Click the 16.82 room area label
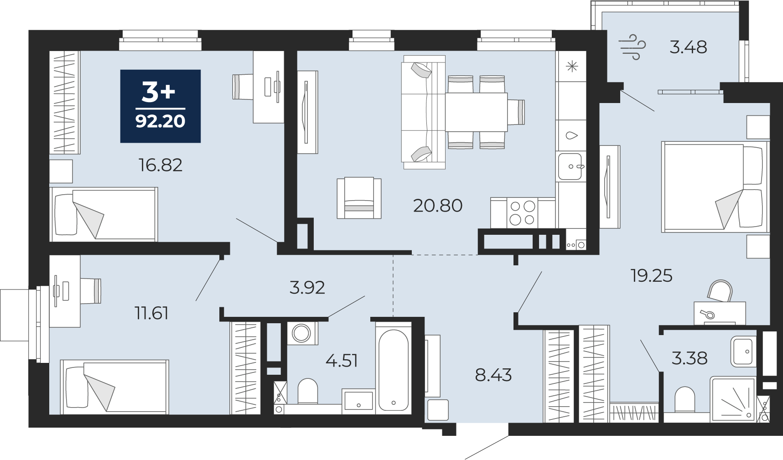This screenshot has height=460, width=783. (x=161, y=165)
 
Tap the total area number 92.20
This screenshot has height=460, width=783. (x=161, y=121)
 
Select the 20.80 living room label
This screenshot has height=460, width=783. (x=438, y=206)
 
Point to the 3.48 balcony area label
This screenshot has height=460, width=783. (x=688, y=47)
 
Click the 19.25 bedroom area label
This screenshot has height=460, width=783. (x=651, y=276)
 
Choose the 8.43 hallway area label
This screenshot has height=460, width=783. (x=493, y=375)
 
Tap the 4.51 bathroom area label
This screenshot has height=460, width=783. (x=342, y=361)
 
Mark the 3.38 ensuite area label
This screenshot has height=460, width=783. (x=690, y=358)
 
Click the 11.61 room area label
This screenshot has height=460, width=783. (x=151, y=313)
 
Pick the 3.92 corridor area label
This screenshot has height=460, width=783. (x=307, y=288)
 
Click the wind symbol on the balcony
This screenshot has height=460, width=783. (x=633, y=47)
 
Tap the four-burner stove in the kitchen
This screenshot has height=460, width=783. (x=523, y=212)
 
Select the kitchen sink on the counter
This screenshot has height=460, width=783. (x=571, y=166)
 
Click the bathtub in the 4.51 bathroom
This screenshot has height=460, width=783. (x=393, y=369)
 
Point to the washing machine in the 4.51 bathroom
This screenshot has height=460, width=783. (x=302, y=333)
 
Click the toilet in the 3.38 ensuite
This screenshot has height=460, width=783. (x=684, y=399)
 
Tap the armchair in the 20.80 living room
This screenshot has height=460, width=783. (x=359, y=198)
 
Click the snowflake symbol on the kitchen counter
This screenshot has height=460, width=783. (x=571, y=67)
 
